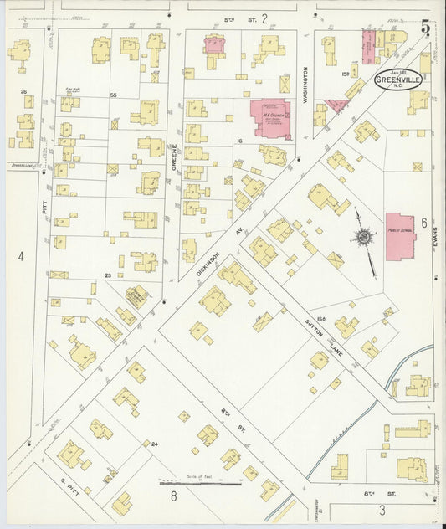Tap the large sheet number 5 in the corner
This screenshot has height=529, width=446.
click(x=426, y=28)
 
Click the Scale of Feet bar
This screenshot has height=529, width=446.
click(x=200, y=482)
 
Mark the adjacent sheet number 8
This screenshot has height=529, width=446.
click(x=174, y=497)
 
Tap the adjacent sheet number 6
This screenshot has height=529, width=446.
click(x=424, y=223)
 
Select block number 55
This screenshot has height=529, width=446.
click(x=113, y=95)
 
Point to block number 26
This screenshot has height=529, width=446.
click(x=24, y=91)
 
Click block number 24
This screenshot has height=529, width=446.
click(x=154, y=444)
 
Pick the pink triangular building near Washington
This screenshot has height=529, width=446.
click(x=336, y=105)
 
